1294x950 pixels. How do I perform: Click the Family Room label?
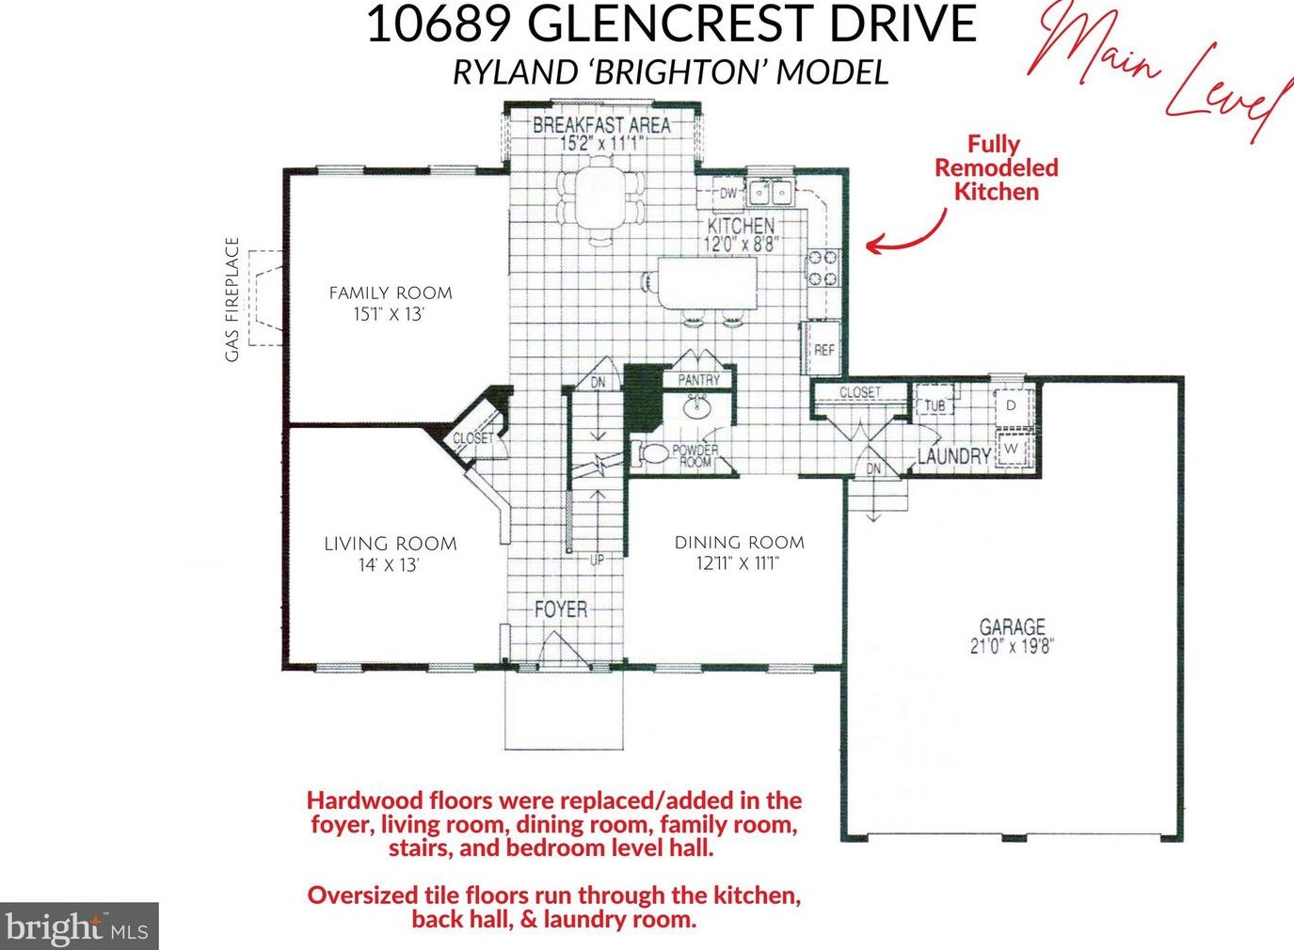pos(391,293)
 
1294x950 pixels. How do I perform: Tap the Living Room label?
pos(390,544)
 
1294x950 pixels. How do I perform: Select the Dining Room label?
pos(740,543)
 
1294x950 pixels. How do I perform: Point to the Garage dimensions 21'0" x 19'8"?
pos(1012,646)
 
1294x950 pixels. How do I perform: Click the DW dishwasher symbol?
pos(728,194)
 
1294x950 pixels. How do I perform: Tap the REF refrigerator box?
pos(823,349)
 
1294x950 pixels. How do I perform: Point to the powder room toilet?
pos(650,453)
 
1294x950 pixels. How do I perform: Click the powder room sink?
pos(698,408)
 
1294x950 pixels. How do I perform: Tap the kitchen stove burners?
pos(823,268)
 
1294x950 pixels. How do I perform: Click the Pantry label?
pos(699,379)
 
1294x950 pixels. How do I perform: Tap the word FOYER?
pos(561,610)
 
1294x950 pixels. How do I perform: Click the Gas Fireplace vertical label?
pos(232,299)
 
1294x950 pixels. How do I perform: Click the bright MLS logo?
pos(78,926)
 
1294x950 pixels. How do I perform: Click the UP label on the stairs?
pos(597,560)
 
